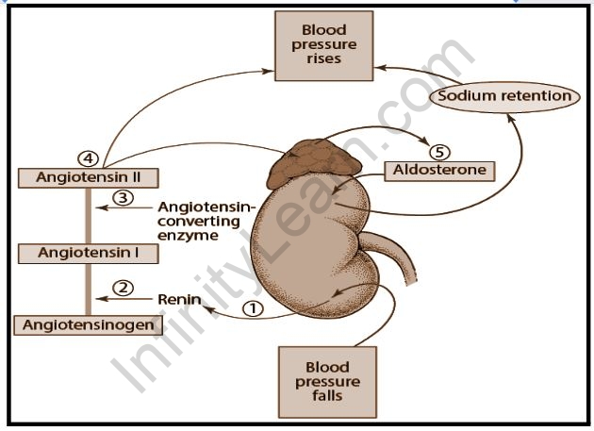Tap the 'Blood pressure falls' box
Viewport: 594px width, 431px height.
click(327, 381)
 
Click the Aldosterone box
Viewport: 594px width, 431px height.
click(440, 170)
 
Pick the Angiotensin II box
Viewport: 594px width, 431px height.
click(87, 176)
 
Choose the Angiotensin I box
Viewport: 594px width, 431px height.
click(87, 253)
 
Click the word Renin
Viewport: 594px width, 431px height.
click(175, 300)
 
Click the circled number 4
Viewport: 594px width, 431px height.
click(88, 157)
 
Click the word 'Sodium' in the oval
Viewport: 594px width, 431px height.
click(475, 95)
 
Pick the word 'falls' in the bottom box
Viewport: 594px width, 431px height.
click(327, 397)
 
